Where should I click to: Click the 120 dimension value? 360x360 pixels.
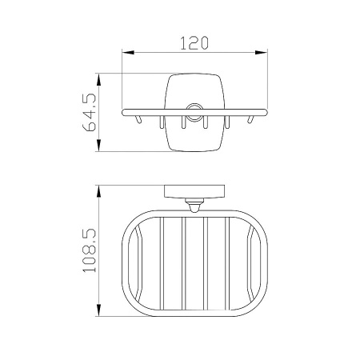coord(194,43)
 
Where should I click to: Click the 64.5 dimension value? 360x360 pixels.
coord(89,112)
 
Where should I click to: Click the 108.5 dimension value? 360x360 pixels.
coord(89,250)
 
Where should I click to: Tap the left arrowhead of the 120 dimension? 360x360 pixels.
coord(128,53)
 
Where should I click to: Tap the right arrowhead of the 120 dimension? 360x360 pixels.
coord(262,53)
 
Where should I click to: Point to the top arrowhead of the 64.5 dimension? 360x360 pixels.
coord(98,80)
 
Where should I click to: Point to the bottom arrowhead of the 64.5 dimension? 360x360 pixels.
coord(98,146)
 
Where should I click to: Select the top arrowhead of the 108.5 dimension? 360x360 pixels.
coord(98,191)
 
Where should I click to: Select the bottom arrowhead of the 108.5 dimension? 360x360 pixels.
coord(98,310)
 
